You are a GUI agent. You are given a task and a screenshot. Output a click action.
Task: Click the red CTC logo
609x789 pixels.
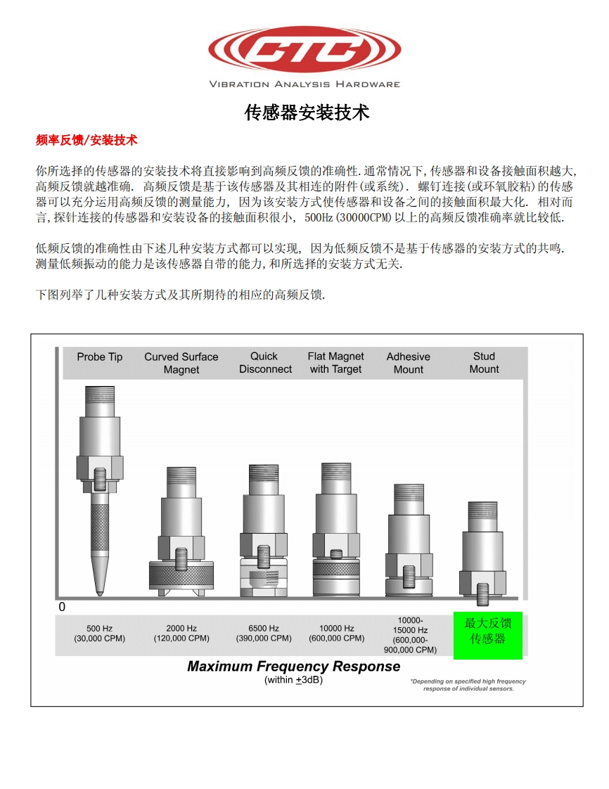(x=304, y=49)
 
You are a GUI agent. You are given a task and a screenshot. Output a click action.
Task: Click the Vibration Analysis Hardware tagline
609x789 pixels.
(x=304, y=84)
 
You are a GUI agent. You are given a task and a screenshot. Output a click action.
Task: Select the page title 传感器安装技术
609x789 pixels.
(x=307, y=113)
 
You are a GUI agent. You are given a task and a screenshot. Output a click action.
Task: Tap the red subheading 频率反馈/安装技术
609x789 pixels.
(x=86, y=140)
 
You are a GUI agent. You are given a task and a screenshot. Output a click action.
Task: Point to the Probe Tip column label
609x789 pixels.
(x=100, y=357)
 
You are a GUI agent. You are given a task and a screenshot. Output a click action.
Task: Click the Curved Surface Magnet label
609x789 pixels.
(x=181, y=363)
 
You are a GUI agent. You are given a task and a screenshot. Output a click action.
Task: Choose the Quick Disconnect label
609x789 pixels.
(x=265, y=363)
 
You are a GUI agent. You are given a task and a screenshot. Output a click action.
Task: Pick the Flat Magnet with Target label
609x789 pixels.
(x=336, y=363)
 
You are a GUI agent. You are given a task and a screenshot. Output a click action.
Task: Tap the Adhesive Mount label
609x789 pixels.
(x=409, y=363)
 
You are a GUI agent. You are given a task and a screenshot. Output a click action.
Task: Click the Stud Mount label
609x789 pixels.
(x=484, y=363)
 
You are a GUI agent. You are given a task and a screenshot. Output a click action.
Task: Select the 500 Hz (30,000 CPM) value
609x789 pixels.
(x=99, y=634)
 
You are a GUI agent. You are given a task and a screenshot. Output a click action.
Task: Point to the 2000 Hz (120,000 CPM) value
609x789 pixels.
(x=181, y=634)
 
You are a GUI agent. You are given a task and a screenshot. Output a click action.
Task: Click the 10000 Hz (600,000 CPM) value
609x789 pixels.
(x=337, y=634)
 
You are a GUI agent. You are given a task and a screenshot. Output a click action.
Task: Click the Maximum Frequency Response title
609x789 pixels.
(x=293, y=667)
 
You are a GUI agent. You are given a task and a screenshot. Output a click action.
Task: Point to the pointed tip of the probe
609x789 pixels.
(x=100, y=592)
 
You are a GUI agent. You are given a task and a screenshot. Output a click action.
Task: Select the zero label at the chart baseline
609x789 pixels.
(x=62, y=607)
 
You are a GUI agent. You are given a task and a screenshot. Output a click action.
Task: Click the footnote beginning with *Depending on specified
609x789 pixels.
(x=468, y=685)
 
